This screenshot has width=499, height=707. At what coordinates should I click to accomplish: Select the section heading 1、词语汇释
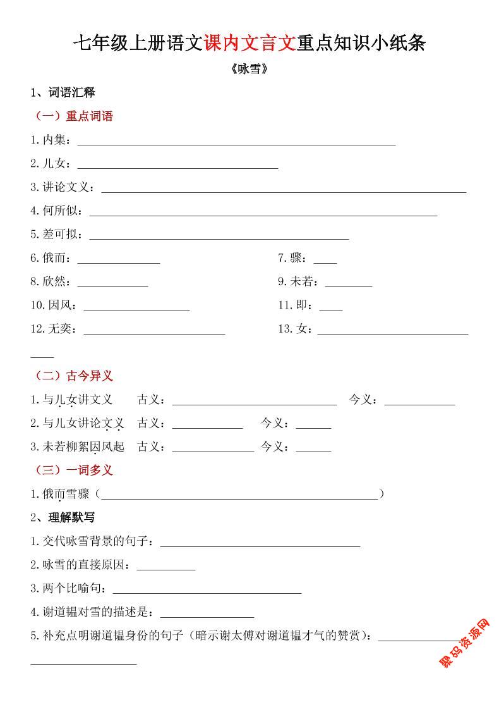pos(63,92)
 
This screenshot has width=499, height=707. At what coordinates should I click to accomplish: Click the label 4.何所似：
pos(57,211)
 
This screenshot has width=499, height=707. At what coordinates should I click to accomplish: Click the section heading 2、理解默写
pos(63,517)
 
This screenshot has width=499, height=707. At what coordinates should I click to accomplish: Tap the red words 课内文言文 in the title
pos(249,43)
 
